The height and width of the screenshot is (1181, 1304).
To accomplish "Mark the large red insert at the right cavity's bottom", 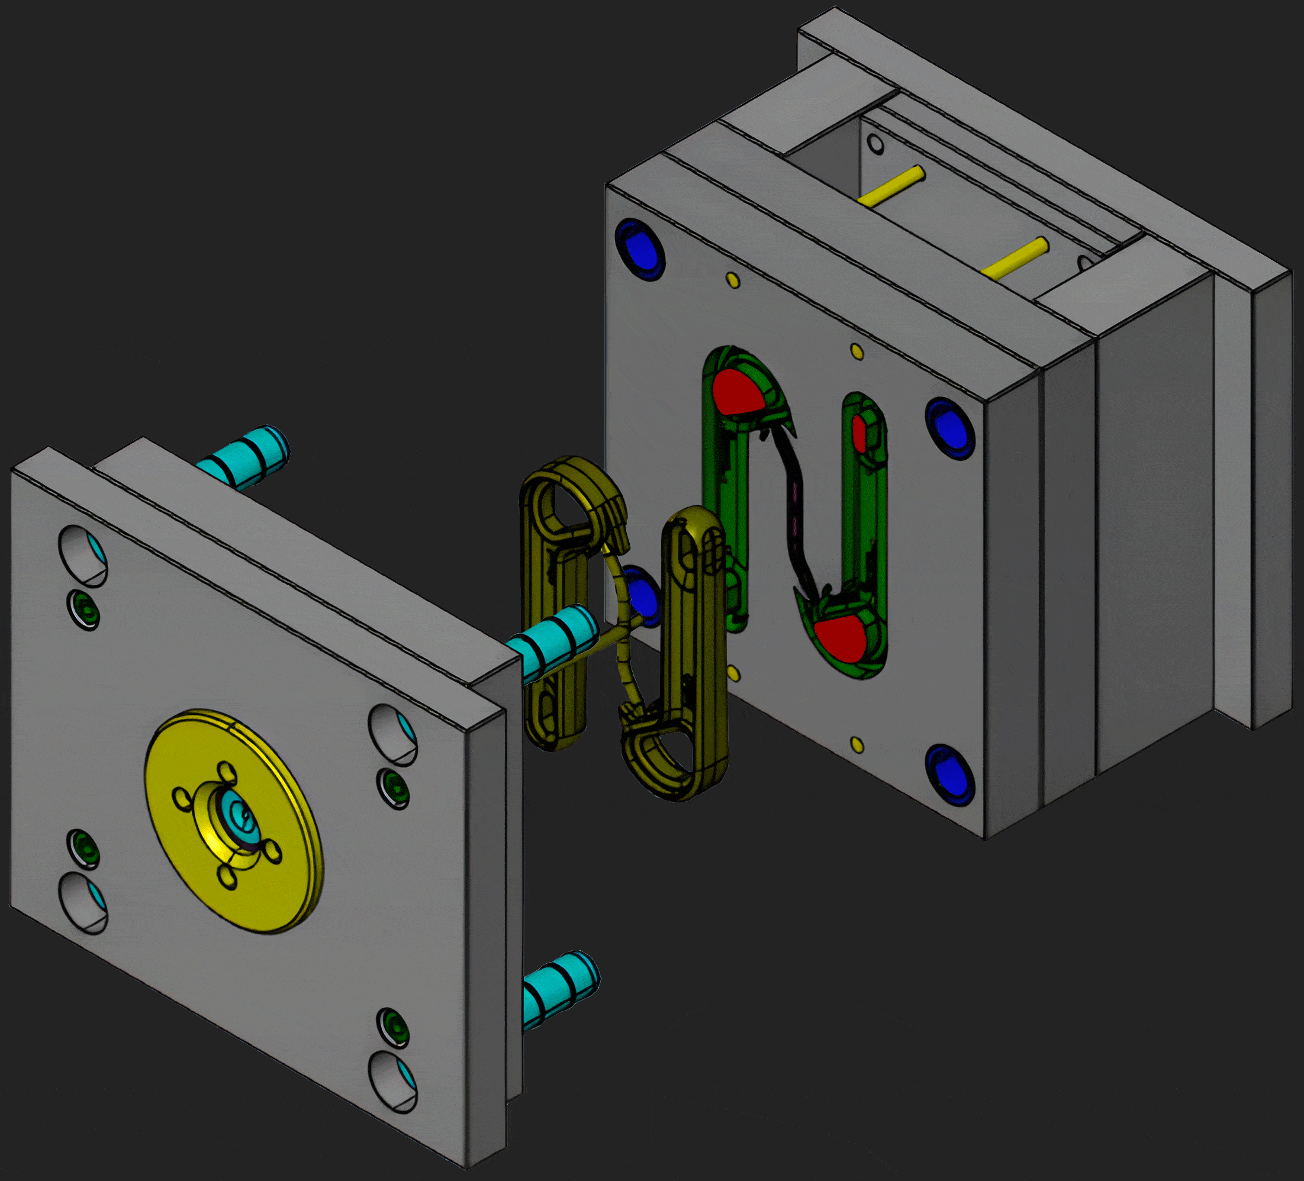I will click(841, 637).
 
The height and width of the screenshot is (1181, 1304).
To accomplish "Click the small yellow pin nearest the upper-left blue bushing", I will click(733, 279).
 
